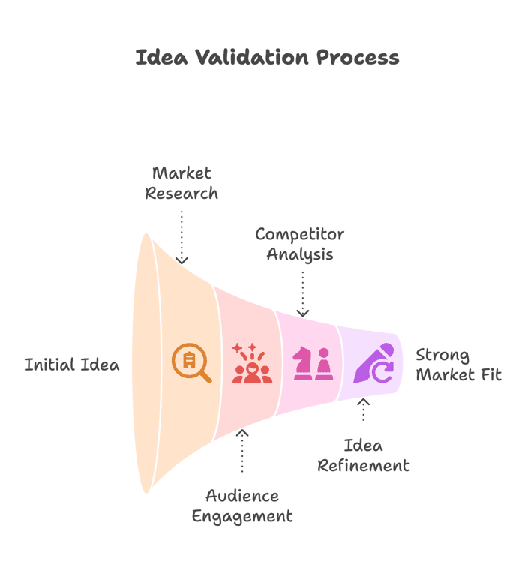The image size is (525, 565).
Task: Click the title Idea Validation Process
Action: pyautogui.click(x=267, y=58)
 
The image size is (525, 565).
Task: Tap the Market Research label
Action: pyautogui.click(x=181, y=183)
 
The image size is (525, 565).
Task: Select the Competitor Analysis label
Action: pyautogui.click(x=299, y=245)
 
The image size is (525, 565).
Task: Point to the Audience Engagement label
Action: pyautogui.click(x=242, y=506)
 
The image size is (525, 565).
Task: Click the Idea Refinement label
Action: pyautogui.click(x=363, y=455)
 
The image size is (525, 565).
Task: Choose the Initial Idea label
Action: pyautogui.click(x=72, y=365)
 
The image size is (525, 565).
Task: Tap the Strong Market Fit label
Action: pyautogui.click(x=458, y=365)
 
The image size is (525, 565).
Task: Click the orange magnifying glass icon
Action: pyautogui.click(x=191, y=363)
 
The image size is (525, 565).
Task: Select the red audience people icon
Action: pyautogui.click(x=252, y=363)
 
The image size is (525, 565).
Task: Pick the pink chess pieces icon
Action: pyautogui.click(x=313, y=363)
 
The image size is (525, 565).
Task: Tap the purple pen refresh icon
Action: pyautogui.click(x=373, y=363)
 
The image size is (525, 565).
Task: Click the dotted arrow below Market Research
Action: pyautogui.click(x=181, y=237)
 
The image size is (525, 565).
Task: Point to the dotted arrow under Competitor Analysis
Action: pyautogui.click(x=303, y=294)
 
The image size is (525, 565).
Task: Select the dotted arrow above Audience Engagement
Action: pyautogui.click(x=242, y=451)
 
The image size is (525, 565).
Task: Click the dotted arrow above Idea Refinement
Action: pyautogui.click(x=363, y=410)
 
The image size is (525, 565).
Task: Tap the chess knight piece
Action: pyautogui.click(x=302, y=363)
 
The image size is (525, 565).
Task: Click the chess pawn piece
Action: pyautogui.click(x=324, y=364)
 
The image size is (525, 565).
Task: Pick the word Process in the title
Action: pyautogui.click(x=358, y=58)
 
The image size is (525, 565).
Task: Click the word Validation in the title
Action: pyautogui.click(x=252, y=58)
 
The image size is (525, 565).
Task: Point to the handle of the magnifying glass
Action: pyautogui.click(x=205, y=377)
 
